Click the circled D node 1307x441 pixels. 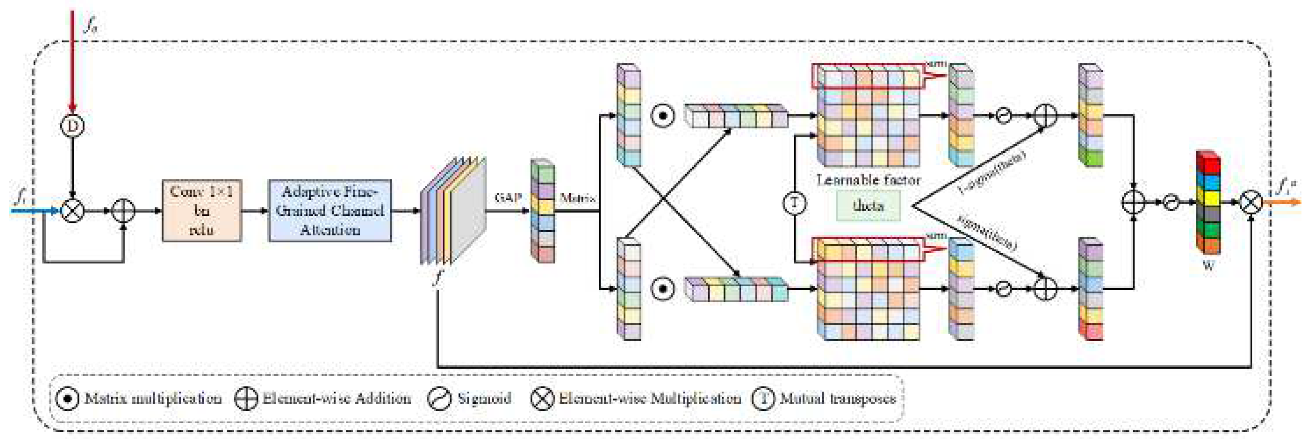[x=72, y=126]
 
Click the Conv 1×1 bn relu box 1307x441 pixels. [x=201, y=210]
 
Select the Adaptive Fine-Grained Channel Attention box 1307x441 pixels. [x=330, y=210]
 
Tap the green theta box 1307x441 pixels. [x=868, y=206]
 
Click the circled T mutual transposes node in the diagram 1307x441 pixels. [x=794, y=203]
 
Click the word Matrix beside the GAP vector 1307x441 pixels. [x=577, y=198]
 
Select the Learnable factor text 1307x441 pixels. [x=868, y=180]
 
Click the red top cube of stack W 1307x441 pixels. [x=1207, y=164]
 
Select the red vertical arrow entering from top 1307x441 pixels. [x=72, y=61]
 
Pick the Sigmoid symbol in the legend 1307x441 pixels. [x=439, y=399]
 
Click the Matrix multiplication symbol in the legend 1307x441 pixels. [x=67, y=399]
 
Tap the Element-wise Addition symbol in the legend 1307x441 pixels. [x=246, y=399]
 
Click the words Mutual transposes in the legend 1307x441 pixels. [x=838, y=399]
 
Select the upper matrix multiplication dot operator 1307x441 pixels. [x=662, y=116]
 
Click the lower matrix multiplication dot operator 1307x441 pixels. [x=662, y=289]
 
